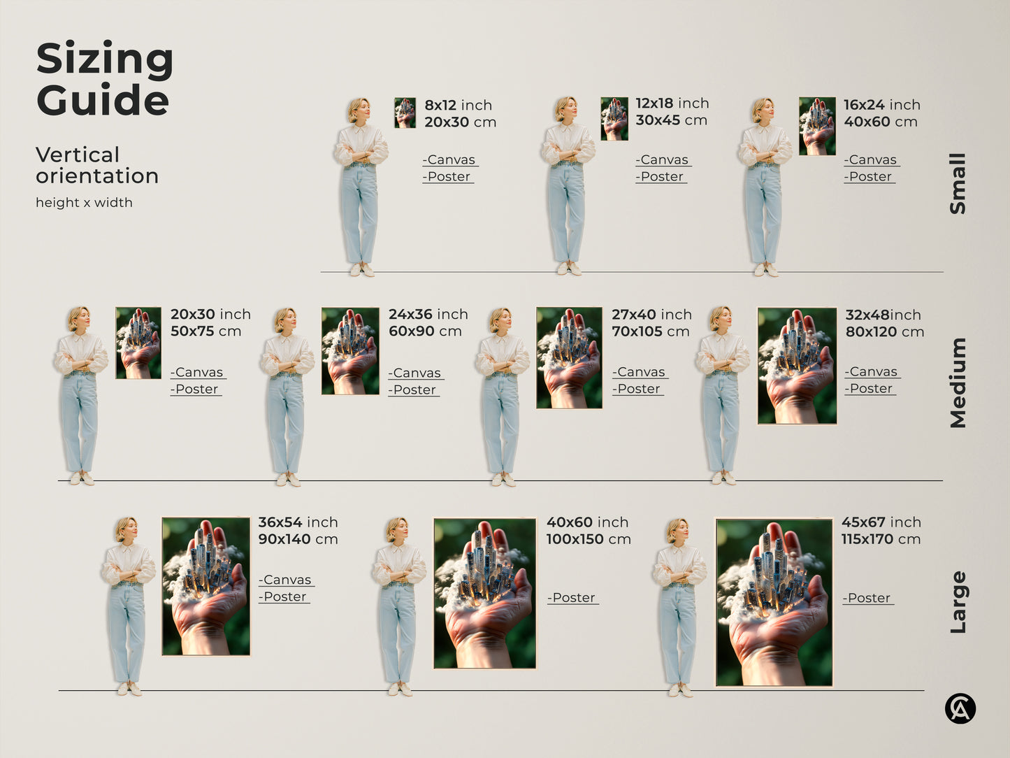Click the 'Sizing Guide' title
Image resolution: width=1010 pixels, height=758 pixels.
pos(104,78)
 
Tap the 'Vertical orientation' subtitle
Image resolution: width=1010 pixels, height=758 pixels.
pos(96,165)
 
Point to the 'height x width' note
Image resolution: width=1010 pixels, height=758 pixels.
pos(84,203)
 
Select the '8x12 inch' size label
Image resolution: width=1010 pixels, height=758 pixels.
pos(458,105)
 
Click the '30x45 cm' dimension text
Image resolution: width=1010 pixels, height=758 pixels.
pos(671,120)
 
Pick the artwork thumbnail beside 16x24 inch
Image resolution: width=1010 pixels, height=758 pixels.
pos(817,127)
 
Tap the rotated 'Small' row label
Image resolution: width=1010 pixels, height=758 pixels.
pos(958,183)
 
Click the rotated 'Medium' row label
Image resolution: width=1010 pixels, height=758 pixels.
pos(958,382)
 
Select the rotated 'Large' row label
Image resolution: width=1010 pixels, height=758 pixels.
pos(958,602)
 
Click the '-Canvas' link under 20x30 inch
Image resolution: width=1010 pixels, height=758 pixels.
pos(198,373)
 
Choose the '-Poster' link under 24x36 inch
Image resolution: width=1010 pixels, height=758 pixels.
pos(414,390)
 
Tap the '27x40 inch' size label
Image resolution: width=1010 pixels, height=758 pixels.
pos(651,315)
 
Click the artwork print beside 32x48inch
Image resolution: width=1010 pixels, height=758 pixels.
pos(797,366)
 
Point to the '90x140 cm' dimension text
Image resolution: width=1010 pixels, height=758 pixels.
pos(298,539)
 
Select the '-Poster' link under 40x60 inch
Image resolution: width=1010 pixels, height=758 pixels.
pos(572,598)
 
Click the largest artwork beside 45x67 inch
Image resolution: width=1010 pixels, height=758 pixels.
pos(774,602)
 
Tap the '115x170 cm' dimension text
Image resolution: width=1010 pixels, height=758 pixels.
pos(881,539)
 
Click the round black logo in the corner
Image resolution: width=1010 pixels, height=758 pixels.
pos(960,708)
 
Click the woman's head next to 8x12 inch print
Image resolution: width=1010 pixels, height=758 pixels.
pos(359,110)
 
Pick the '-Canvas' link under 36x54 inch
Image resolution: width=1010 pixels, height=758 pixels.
pos(287,580)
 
